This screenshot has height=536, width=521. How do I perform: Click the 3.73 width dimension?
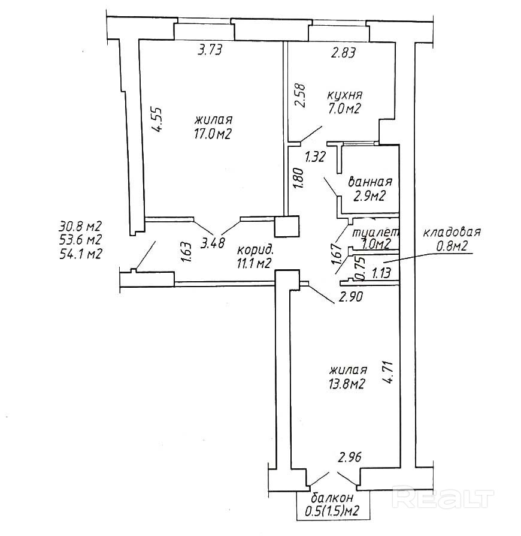210,51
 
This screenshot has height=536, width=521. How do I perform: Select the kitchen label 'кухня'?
345,96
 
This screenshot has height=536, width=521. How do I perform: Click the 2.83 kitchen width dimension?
344,53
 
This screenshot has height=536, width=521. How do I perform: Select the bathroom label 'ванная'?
370,182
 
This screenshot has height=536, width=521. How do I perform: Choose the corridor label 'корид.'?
256,249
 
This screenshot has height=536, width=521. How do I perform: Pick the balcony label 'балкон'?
332,499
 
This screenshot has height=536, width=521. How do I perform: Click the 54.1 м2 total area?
80,254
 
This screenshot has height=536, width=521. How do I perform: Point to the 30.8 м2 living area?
80,227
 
